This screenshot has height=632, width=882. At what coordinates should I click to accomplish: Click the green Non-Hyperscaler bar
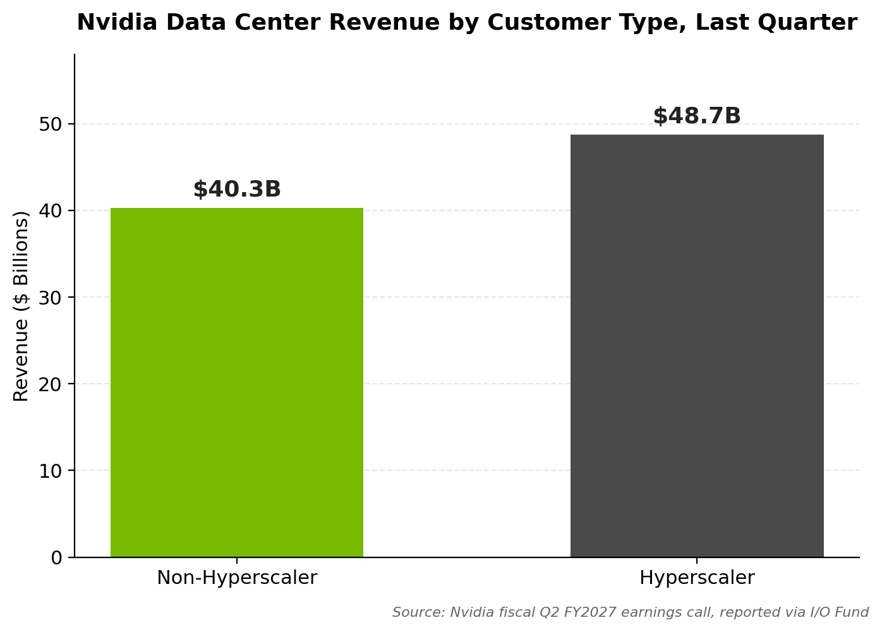click(237, 382)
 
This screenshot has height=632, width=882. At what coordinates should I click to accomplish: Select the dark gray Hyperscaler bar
click(697, 346)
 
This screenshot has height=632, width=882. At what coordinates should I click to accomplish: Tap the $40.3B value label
click(237, 189)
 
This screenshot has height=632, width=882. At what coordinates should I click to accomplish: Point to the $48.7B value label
click(697, 116)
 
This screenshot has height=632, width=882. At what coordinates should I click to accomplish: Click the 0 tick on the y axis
click(57, 557)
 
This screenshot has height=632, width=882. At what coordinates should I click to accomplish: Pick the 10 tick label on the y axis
click(51, 471)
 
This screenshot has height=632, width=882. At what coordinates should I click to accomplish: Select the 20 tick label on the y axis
click(51, 384)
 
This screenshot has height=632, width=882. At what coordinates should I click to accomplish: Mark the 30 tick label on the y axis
click(51, 297)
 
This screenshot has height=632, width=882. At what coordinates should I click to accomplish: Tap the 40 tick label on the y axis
click(51, 210)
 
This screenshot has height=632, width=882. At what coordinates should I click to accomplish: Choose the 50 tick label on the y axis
click(51, 124)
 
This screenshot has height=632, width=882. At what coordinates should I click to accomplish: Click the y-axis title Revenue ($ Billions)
click(21, 307)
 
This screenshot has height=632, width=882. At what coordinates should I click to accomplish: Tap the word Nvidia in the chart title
click(117, 22)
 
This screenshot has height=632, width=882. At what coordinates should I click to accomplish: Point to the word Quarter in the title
click(807, 22)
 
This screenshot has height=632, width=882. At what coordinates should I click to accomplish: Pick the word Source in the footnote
click(418, 612)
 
